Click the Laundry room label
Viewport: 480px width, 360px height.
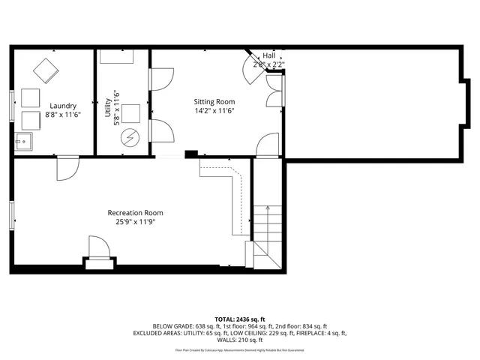pyautogui.click(x=63, y=106)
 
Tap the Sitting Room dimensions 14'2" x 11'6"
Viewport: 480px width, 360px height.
pyautogui.click(x=214, y=111)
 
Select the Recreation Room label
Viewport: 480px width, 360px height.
pyautogui.click(x=135, y=213)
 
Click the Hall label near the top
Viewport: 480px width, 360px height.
pyautogui.click(x=268, y=55)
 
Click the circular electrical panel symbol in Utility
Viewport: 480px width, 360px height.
pyautogui.click(x=130, y=138)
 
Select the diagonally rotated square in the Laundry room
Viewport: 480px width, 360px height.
pyautogui.click(x=45, y=70)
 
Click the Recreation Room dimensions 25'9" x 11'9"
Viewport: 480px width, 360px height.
pyautogui.click(x=135, y=223)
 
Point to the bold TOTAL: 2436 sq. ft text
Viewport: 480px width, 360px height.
pyautogui.click(x=240, y=318)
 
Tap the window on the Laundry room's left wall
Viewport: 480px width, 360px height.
pyautogui.click(x=12, y=105)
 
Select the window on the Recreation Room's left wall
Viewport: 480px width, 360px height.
pyautogui.click(x=12, y=216)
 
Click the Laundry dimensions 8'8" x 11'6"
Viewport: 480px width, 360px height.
pyautogui.click(x=63, y=115)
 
